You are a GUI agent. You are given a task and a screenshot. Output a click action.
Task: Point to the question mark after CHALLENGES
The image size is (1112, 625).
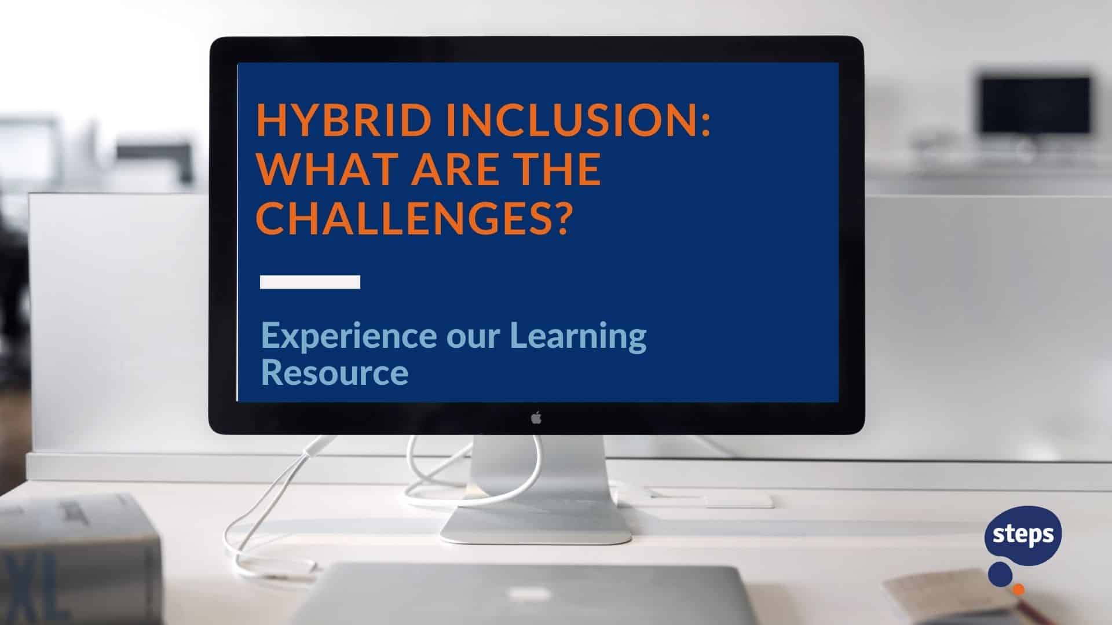(x=555, y=219)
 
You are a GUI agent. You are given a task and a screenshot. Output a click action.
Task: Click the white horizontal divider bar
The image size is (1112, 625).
(x=310, y=282)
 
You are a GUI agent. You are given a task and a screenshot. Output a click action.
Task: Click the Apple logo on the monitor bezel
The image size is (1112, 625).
(x=536, y=418)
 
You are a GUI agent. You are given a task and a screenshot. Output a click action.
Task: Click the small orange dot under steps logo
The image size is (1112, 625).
(x=1018, y=589)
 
